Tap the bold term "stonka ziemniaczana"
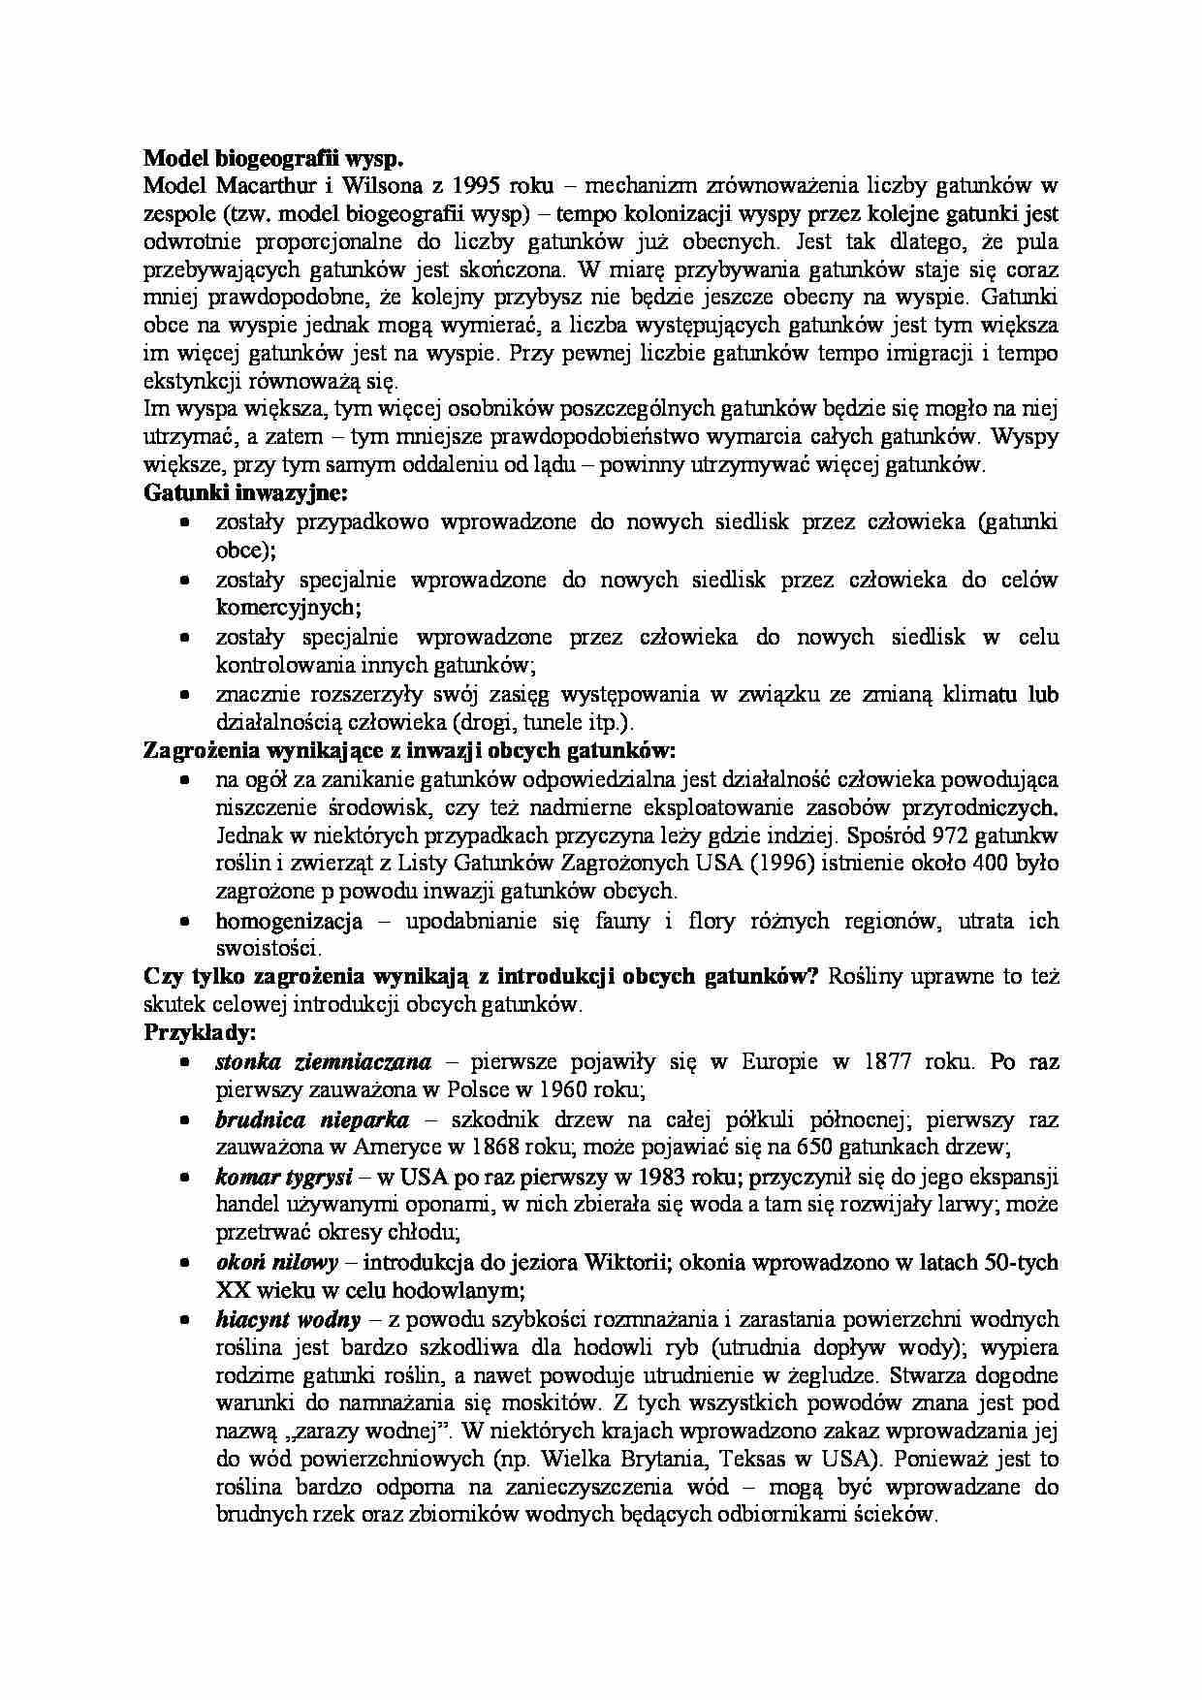[x=324, y=1062]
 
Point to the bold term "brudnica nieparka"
[x=312, y=1120]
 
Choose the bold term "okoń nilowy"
[x=277, y=1263]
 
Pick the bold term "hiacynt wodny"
[x=288, y=1319]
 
